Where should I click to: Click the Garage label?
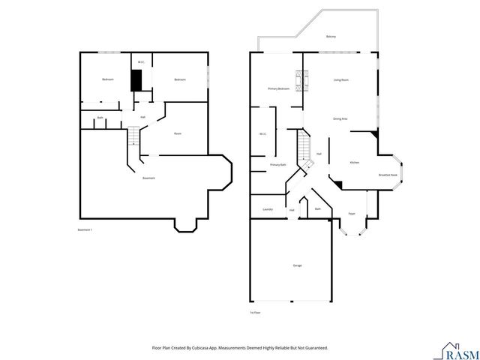(x=298, y=265)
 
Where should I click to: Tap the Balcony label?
(x=331, y=37)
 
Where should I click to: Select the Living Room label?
(x=340, y=79)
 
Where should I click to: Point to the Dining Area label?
(x=339, y=118)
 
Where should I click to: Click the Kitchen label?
(x=355, y=162)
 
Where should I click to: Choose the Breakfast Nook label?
(x=388, y=175)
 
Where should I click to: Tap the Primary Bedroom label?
(x=278, y=88)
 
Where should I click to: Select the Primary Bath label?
(x=277, y=163)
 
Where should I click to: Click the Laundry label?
(x=267, y=209)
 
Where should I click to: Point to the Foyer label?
(x=351, y=214)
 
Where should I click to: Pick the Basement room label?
(x=148, y=178)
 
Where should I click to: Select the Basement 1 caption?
(x=85, y=229)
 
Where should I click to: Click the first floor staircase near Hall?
(x=305, y=146)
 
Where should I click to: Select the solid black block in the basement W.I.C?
(x=136, y=80)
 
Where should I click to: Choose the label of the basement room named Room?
(x=178, y=133)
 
